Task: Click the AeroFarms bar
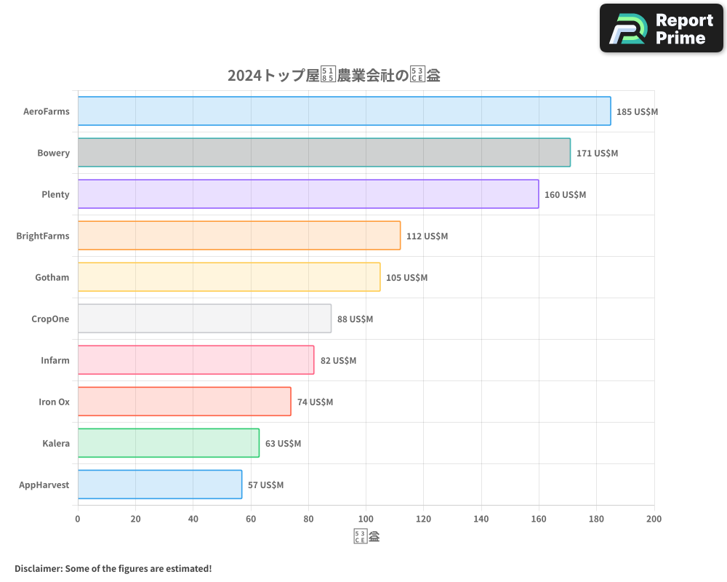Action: pyautogui.click(x=344, y=111)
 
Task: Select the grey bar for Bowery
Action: pyautogui.click(x=324, y=153)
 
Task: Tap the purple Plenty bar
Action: pyautogui.click(x=308, y=194)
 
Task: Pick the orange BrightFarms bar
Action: pyautogui.click(x=238, y=236)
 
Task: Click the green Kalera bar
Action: pyautogui.click(x=168, y=443)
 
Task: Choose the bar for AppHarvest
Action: pyautogui.click(x=159, y=485)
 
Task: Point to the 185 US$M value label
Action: pyautogui.click(x=637, y=112)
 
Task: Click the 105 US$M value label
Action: pyautogui.click(x=406, y=278)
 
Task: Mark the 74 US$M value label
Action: pyautogui.click(x=315, y=402)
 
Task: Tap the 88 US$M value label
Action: pyautogui.click(x=355, y=319)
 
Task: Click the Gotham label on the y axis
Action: pyautogui.click(x=52, y=277)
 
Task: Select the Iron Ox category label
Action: pyautogui.click(x=54, y=402)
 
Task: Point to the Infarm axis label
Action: pyautogui.click(x=55, y=360)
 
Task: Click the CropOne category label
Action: pyautogui.click(x=50, y=319)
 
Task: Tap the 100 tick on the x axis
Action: pyautogui.click(x=366, y=519)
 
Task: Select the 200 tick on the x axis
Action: pyautogui.click(x=654, y=519)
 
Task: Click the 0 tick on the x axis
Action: pyautogui.click(x=78, y=519)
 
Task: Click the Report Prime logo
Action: pyautogui.click(x=662, y=28)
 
